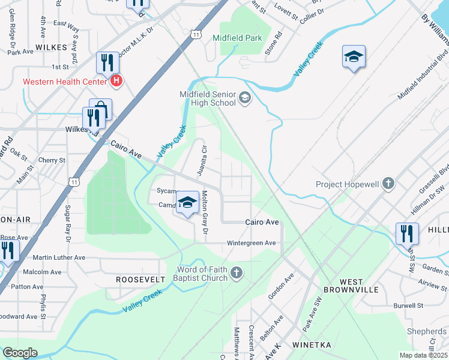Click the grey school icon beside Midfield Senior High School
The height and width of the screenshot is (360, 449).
(245, 97)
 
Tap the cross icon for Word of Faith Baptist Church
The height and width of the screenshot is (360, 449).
(237, 274)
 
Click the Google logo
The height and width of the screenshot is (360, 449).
(20, 353)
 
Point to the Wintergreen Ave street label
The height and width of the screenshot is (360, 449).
(251, 243)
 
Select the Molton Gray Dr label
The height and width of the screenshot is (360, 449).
(205, 212)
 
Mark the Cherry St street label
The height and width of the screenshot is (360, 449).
(52, 161)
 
